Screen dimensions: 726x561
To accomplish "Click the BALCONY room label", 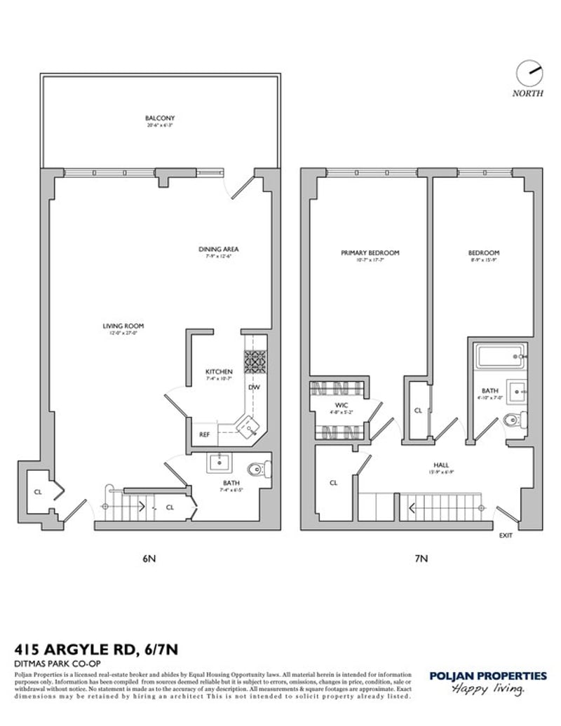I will click(160, 118).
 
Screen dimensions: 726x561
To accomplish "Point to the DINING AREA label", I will click(219, 249).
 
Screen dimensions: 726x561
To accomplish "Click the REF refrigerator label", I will click(204, 434).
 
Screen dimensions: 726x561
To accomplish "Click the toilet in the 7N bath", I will click(513, 420).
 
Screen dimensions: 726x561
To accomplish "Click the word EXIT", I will click(505, 535).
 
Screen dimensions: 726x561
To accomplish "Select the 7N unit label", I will click(420, 559).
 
